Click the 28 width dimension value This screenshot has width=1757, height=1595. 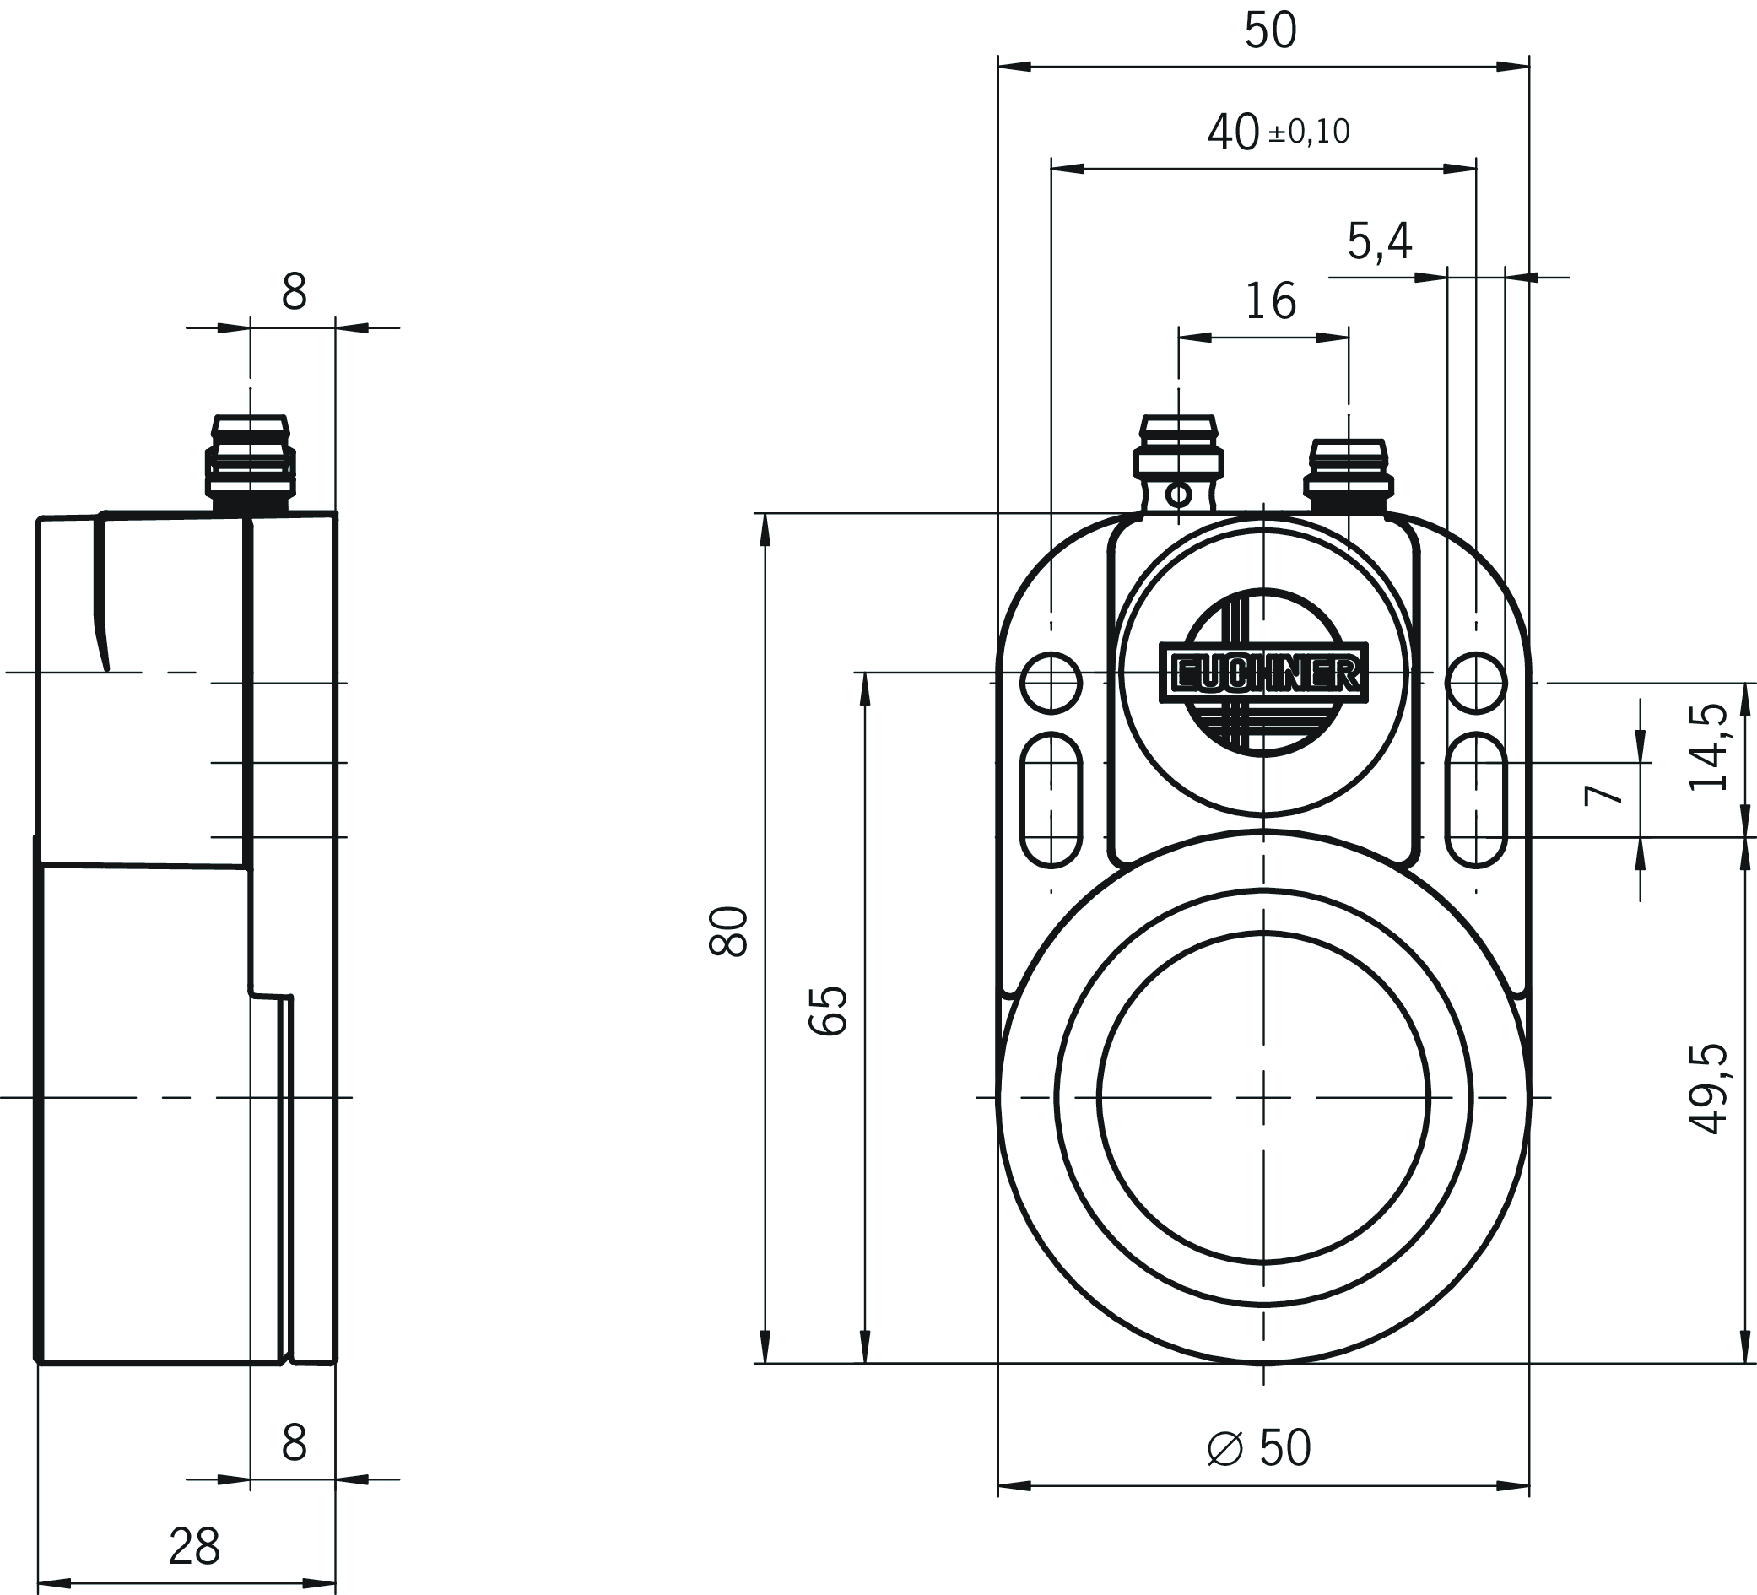(194, 1546)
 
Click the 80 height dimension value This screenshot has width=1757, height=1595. (728, 932)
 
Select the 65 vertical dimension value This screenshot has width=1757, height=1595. (828, 1010)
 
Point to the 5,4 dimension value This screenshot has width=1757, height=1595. (1379, 241)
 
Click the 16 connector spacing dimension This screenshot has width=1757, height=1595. (1270, 300)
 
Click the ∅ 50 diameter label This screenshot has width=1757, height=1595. (1259, 1447)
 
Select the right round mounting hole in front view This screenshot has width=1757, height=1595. (1475, 683)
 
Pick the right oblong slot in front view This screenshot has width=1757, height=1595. (1475, 799)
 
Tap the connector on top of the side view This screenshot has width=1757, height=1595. (250, 462)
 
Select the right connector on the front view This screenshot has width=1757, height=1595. (1349, 476)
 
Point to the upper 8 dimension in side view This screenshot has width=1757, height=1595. (294, 292)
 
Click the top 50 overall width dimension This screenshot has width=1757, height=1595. (1270, 31)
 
